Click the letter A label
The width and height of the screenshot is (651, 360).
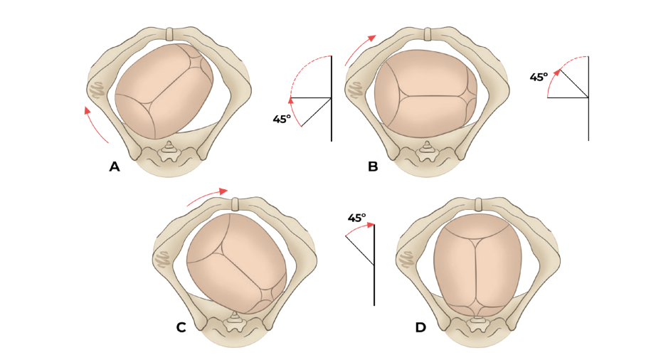click(115, 167)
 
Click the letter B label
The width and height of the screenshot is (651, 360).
click(373, 167)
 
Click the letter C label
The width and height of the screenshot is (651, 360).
click(181, 327)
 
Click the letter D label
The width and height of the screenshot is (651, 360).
click(420, 327)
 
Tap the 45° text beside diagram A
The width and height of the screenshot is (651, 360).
click(282, 119)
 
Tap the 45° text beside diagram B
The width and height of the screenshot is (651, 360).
click(539, 77)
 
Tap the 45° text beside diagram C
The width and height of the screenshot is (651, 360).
click(356, 218)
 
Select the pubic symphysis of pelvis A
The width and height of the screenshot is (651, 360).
click(169, 33)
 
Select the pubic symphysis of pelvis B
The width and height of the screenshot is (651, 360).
click(428, 34)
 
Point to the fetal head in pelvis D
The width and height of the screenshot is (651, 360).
click(477, 263)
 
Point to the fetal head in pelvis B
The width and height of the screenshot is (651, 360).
click(425, 91)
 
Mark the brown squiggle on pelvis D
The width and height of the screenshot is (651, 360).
click(407, 260)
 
